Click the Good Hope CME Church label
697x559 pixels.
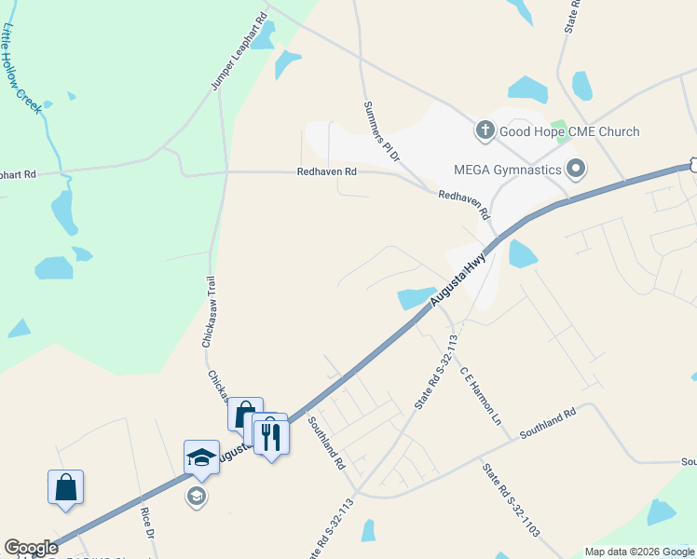(569, 131)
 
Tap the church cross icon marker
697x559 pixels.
(485, 130)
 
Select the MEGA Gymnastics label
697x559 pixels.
(507, 170)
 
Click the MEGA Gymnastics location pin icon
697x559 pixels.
(576, 170)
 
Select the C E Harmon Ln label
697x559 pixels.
(480, 396)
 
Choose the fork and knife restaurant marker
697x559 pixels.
(271, 433)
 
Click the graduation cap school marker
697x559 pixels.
(201, 457)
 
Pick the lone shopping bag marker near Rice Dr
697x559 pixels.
(66, 487)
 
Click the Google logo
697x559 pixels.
(31, 548)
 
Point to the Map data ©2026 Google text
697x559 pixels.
(639, 552)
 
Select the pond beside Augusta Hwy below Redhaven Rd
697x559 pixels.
(417, 297)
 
